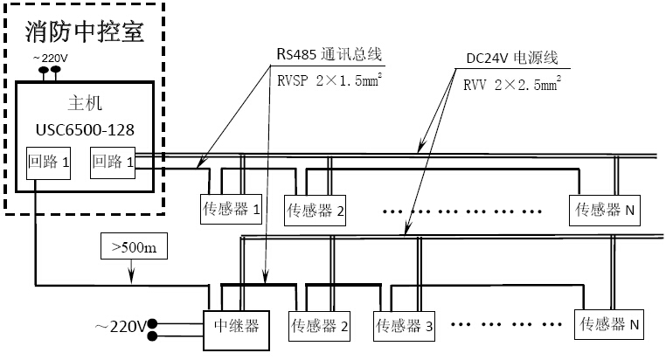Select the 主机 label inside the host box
tap(85, 102)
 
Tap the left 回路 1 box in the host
tap(48, 163)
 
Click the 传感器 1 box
tap(232, 209)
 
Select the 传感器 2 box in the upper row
tap(316, 211)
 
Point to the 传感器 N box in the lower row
tap(610, 325)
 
